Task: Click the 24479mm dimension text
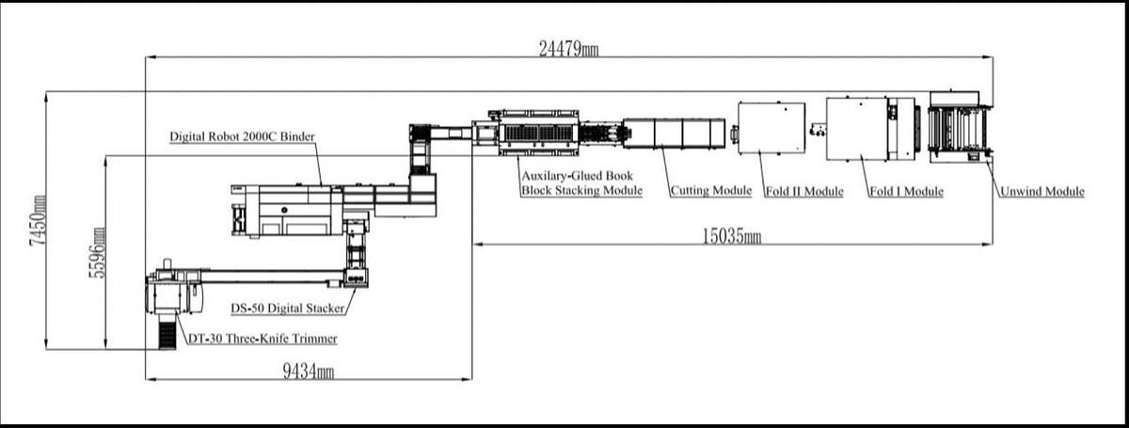tap(567, 48)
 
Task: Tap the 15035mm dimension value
tap(731, 236)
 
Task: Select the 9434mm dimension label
tap(308, 372)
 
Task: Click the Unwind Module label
tap(1042, 192)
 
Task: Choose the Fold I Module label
tap(906, 192)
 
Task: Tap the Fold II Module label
tap(803, 192)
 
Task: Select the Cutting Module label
tap(710, 192)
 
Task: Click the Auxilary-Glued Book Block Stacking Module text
tap(581, 183)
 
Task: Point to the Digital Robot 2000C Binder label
tap(242, 136)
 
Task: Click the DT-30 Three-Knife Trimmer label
tap(262, 339)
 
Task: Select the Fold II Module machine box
tap(771, 127)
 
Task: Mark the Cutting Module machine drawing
tap(673, 133)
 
